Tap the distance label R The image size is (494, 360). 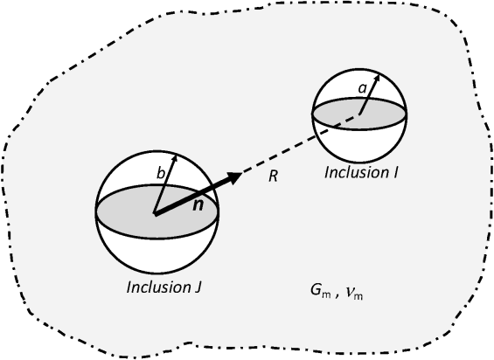(x=273, y=177)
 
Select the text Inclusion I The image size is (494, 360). (x=361, y=172)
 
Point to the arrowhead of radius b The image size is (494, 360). (x=173, y=158)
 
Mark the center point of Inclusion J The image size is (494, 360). (x=155, y=212)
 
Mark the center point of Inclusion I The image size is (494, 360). (x=358, y=112)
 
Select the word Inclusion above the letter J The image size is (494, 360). (x=151, y=286)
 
